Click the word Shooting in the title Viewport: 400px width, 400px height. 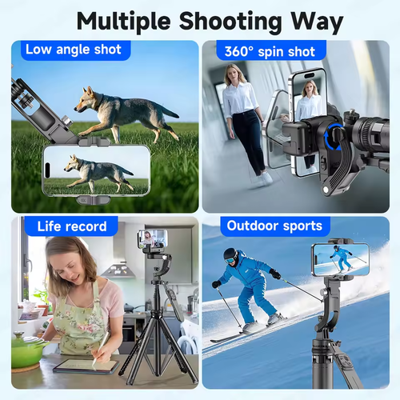click(230, 22)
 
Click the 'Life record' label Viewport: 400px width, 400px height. click(71, 226)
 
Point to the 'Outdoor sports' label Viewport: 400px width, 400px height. click(275, 226)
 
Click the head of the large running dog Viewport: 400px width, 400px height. click(86, 100)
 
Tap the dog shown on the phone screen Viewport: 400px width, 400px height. click(98, 173)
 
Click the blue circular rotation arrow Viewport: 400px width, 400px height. click(334, 137)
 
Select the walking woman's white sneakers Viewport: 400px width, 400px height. click(262, 179)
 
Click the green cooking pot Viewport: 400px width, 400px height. click(26, 350)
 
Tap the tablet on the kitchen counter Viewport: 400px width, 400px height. click(86, 366)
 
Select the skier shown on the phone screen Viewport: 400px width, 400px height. click(341, 259)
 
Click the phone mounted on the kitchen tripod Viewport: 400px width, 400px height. click(153, 238)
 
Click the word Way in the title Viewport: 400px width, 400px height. click(317, 22)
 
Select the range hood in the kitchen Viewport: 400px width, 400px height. click(118, 270)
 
